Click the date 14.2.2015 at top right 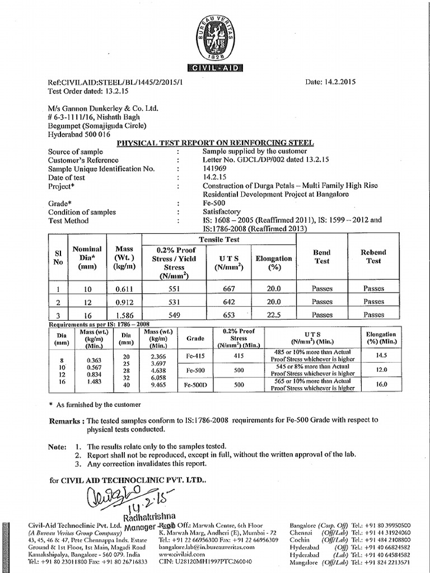click(330, 82)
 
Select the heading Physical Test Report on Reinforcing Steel click(215, 143)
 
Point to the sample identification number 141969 click(216, 168)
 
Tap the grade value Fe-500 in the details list click(214, 204)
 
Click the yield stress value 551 click(169, 289)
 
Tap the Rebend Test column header click(373, 257)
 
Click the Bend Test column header click(322, 257)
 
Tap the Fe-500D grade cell click(195, 385)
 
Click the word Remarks click(66, 420)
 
